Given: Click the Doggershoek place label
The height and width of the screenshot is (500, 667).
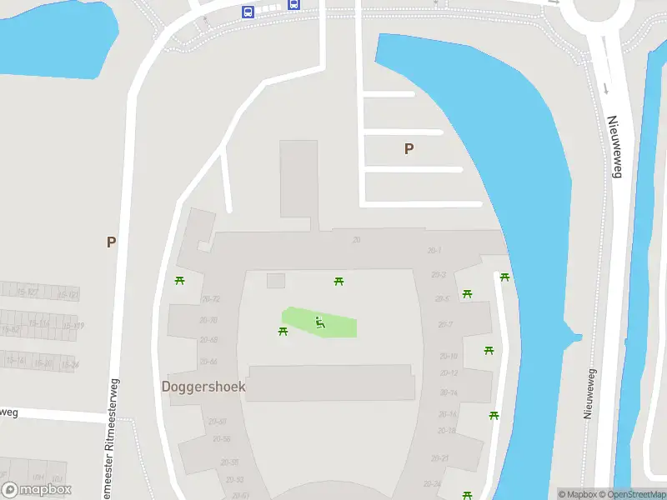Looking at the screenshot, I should pyautogui.click(x=203, y=387).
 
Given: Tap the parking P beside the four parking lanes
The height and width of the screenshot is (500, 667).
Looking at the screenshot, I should pyautogui.click(x=409, y=149).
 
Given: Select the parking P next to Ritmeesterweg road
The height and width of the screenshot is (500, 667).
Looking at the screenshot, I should pyautogui.click(x=111, y=242).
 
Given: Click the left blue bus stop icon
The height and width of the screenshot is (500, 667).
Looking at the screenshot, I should pyautogui.click(x=248, y=12).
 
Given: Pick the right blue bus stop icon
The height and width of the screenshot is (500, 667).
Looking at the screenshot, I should pyautogui.click(x=293, y=4).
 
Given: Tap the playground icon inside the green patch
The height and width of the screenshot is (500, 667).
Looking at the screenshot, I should pyautogui.click(x=319, y=322).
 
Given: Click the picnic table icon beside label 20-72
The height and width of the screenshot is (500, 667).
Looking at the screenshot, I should pyautogui.click(x=179, y=280).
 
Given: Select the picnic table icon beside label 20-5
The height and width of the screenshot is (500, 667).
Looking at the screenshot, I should pyautogui.click(x=468, y=293).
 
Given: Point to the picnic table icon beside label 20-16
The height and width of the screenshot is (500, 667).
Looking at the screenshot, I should pyautogui.click(x=494, y=415).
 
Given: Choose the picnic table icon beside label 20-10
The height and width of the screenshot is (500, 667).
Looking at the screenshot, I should pyautogui.click(x=489, y=351).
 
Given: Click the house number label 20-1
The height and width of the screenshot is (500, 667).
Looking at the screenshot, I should pyautogui.click(x=434, y=250).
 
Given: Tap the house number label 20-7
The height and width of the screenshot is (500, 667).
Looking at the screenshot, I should pyautogui.click(x=445, y=325).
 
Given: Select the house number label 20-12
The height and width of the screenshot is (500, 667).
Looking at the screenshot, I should pyautogui.click(x=449, y=372).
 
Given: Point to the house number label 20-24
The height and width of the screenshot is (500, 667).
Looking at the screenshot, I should pyautogui.click(x=432, y=483).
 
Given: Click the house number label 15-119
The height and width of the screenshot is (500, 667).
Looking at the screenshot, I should pyautogui.click(x=73, y=326).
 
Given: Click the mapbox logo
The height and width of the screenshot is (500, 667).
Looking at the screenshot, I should pyautogui.click(x=36, y=490).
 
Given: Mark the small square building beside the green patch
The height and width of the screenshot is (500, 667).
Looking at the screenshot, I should pyautogui.click(x=276, y=281).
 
